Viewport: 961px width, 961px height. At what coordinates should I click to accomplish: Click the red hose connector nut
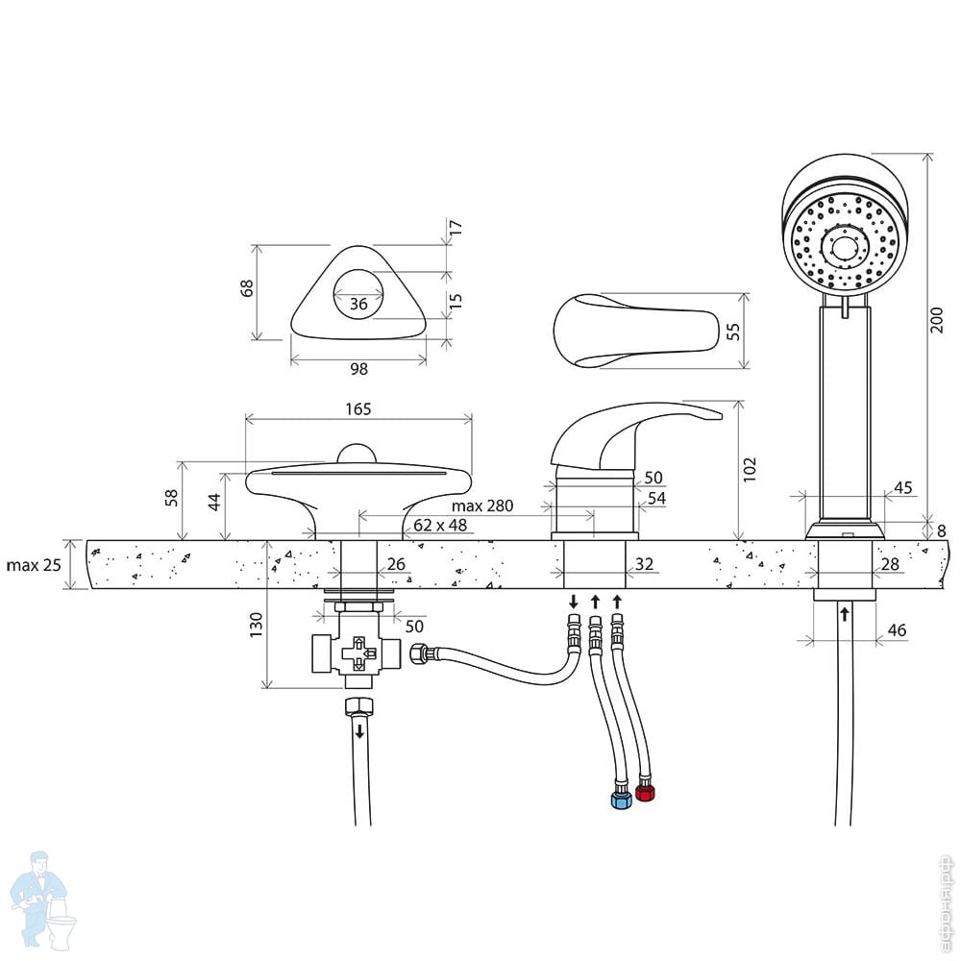click(x=646, y=793)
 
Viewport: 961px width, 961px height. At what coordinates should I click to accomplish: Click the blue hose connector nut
click(x=622, y=800)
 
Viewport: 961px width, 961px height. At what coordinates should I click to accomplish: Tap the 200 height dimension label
click(x=936, y=320)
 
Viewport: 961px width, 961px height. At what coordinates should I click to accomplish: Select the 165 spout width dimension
click(x=358, y=408)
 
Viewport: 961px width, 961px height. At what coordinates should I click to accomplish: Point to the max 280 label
click(x=482, y=505)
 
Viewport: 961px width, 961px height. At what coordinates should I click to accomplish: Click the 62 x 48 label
click(x=440, y=526)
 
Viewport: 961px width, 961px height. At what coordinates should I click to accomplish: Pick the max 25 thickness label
click(x=34, y=564)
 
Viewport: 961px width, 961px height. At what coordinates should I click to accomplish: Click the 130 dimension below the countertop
click(x=257, y=625)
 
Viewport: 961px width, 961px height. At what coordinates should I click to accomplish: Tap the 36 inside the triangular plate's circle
click(x=358, y=304)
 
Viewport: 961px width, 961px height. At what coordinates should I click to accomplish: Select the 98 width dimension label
click(x=359, y=368)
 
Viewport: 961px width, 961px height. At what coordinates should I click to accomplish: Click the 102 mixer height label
click(x=750, y=470)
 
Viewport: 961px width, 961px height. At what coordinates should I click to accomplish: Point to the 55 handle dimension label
click(x=733, y=332)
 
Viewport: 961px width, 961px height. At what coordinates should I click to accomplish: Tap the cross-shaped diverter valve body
click(x=357, y=653)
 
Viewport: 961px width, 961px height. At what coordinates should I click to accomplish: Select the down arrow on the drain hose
click(x=359, y=730)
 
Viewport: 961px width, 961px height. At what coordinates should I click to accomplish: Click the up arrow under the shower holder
click(x=845, y=613)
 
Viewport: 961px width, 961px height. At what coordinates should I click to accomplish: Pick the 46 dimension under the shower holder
click(x=897, y=630)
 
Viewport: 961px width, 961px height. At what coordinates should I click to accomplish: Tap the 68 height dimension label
click(x=246, y=288)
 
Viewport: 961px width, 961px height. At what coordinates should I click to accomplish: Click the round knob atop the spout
click(x=357, y=454)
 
